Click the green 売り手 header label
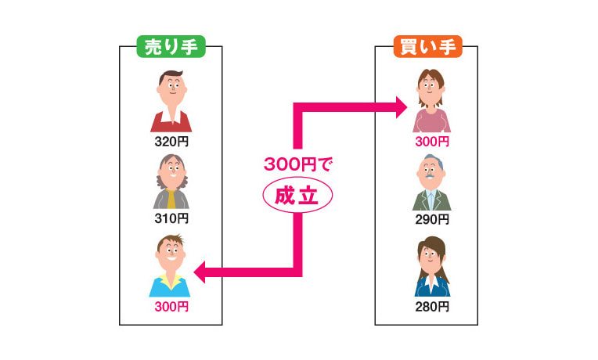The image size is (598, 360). tap(171, 47)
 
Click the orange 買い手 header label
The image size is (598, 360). tap(427, 47)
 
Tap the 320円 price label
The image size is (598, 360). tap(171, 142)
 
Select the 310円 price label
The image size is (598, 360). tap(171, 218)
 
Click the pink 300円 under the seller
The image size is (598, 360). tap(171, 306)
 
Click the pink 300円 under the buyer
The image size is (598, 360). tap(432, 142)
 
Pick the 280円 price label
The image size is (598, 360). tap(432, 306)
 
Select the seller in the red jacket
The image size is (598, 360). tap(171, 100)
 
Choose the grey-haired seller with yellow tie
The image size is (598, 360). tap(171, 180)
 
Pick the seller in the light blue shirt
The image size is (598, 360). tap(170, 266)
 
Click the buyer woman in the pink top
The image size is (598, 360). tap(431, 100)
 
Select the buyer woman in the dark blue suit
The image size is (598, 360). tap(431, 267)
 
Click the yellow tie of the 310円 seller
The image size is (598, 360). tap(171, 199)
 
